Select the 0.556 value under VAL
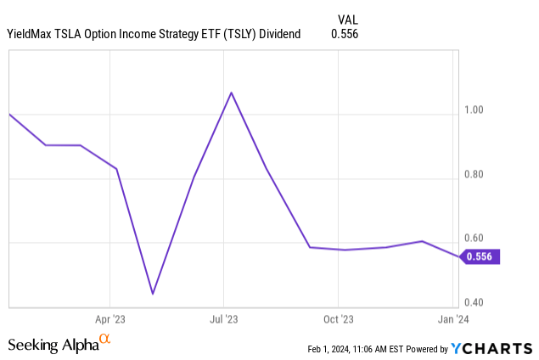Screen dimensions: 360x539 (345, 34)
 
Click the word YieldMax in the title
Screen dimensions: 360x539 (33, 34)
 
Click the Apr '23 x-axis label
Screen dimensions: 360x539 (110, 320)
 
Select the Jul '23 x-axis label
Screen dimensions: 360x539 (223, 320)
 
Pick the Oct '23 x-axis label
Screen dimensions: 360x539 (338, 320)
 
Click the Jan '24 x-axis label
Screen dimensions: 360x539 (452, 320)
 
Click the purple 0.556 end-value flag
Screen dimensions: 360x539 (482, 256)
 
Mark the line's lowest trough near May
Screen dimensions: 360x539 (152, 294)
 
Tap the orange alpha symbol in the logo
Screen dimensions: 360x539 (105, 340)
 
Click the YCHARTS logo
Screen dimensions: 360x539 (491, 348)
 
